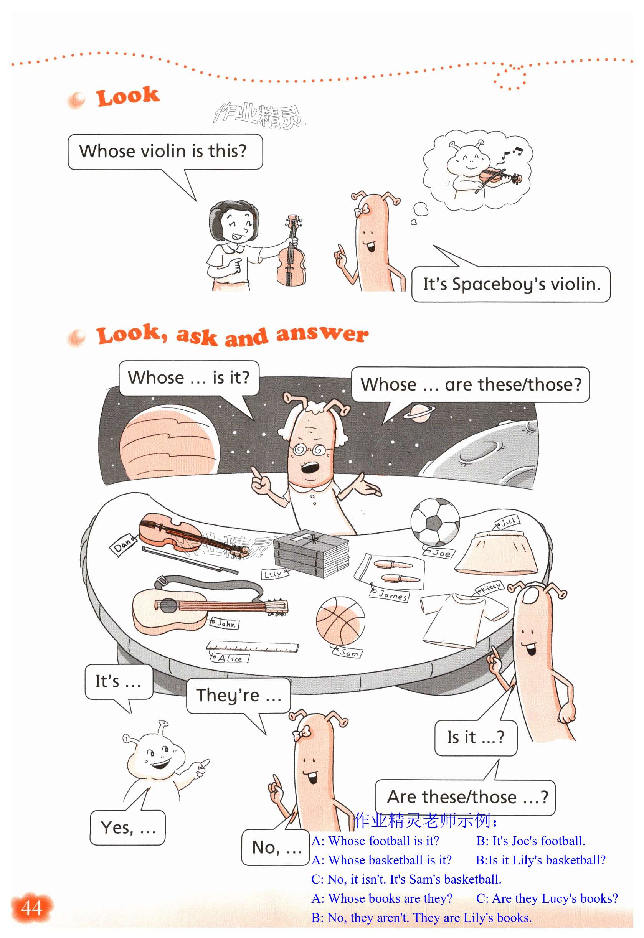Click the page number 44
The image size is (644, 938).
click(x=31, y=908)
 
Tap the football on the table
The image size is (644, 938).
click(x=435, y=521)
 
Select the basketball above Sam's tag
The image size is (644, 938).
click(x=340, y=621)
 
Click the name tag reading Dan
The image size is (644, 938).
click(x=124, y=544)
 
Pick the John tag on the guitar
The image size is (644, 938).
click(x=225, y=623)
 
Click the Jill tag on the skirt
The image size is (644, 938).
click(x=507, y=522)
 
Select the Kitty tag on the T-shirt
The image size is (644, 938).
click(x=489, y=588)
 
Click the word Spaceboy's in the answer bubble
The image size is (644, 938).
click(x=499, y=285)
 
